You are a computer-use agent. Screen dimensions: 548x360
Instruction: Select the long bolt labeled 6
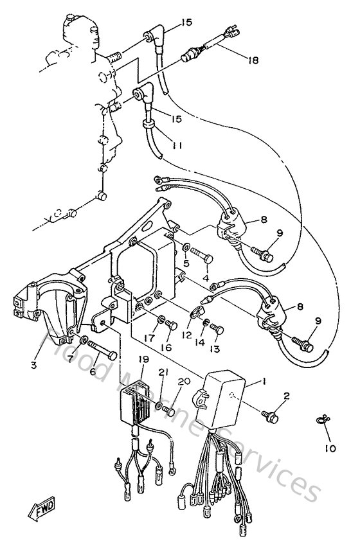pyautogui.click(x=102, y=350)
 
